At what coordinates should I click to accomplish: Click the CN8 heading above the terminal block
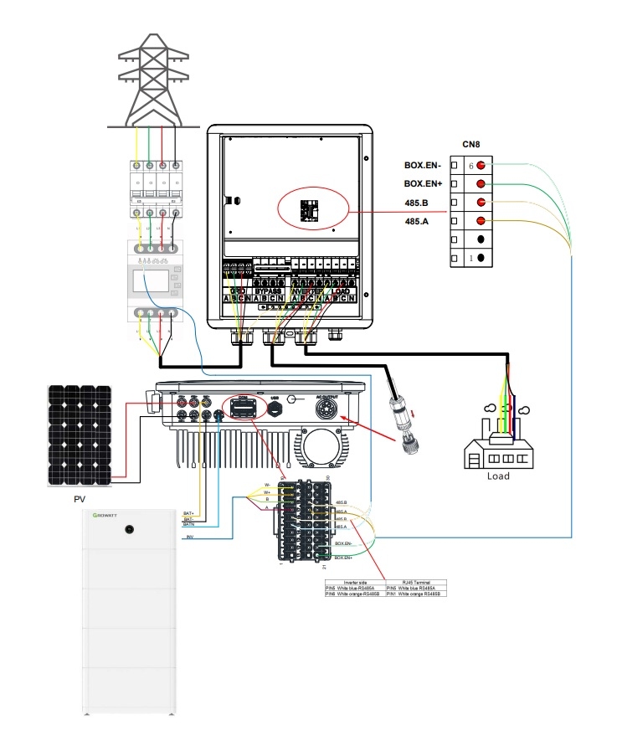(470, 144)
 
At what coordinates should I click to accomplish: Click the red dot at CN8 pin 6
(481, 166)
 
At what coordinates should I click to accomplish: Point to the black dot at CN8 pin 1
(482, 258)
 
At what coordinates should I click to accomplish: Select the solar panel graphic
(82, 435)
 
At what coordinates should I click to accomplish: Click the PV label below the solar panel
(80, 499)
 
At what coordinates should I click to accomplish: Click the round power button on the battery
(130, 529)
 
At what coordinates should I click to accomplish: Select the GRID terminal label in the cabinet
(237, 290)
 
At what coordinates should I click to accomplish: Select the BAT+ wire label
(189, 512)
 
